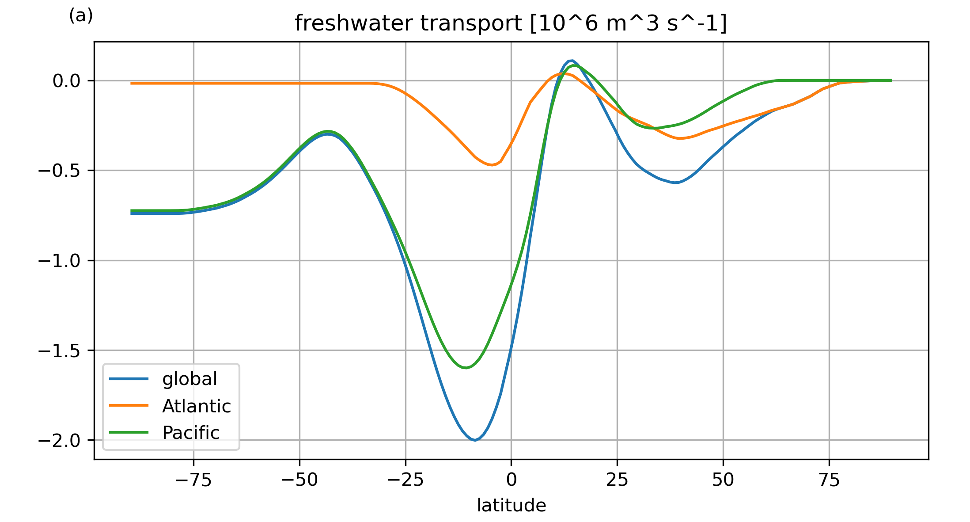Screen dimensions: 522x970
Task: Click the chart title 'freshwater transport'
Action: (511, 23)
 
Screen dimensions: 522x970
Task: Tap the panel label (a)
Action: (81, 16)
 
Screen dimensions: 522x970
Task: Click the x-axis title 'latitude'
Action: (511, 505)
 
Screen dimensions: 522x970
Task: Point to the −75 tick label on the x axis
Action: (193, 480)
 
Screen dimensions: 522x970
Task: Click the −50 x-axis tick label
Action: (299, 480)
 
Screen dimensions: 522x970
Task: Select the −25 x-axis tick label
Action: (405, 480)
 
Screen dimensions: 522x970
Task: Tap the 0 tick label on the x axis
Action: (511, 480)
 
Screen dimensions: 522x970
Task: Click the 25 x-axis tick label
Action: (617, 480)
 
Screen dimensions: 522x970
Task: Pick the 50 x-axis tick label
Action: (723, 480)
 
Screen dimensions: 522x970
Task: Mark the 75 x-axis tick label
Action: (829, 480)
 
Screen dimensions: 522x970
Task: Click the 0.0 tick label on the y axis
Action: (66, 81)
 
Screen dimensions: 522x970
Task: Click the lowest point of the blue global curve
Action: (475, 440)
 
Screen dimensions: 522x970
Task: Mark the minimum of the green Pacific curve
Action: (465, 368)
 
